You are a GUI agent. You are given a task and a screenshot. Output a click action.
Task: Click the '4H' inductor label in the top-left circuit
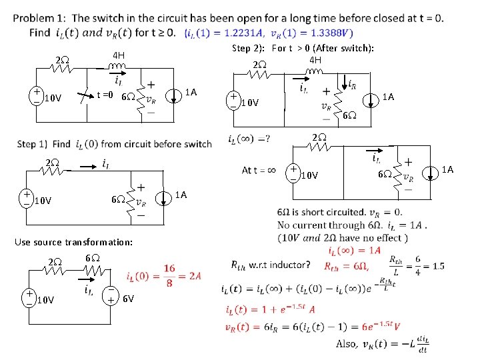(x=118, y=54)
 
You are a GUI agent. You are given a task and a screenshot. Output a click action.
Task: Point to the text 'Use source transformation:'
(x=75, y=241)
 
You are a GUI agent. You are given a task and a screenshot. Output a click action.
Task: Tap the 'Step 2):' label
(x=249, y=48)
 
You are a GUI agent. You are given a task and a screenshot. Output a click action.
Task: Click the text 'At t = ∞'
(x=259, y=170)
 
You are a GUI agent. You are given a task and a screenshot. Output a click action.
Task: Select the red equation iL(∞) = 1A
(x=355, y=251)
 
